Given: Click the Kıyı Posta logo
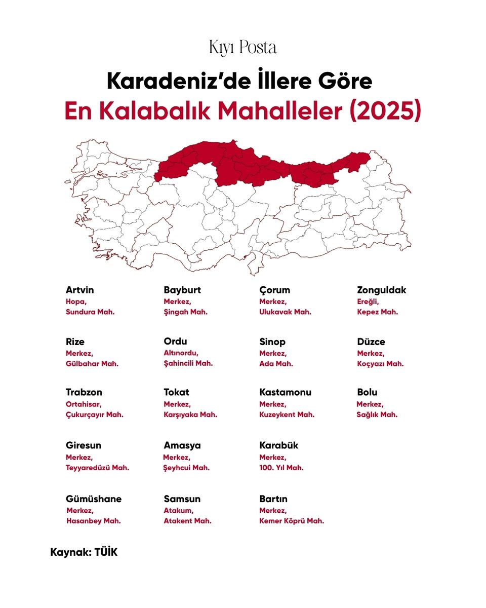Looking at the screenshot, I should tap(242, 48).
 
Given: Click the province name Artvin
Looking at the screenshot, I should tap(79, 290).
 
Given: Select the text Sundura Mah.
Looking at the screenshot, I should tap(90, 312).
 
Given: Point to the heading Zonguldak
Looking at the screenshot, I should tap(381, 290).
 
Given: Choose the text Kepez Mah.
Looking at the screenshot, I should tap(377, 312).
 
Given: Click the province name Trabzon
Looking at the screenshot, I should tap(84, 392).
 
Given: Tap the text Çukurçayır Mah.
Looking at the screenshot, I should tap(95, 414).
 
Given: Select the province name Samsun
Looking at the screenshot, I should tap(182, 499).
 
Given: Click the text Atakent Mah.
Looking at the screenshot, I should tap(187, 521).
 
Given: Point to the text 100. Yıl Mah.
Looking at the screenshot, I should tap(281, 468).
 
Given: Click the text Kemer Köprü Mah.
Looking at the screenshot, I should tap(292, 521).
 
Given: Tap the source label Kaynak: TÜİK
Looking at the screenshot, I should tap(84, 552).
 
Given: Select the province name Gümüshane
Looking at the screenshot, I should tap(94, 499).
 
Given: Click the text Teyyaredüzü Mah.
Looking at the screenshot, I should tap(97, 468).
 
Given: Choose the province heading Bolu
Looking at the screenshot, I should tap(367, 392).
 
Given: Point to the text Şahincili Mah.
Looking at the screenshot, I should tap(188, 363).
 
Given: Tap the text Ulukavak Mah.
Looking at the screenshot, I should tap(285, 312).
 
